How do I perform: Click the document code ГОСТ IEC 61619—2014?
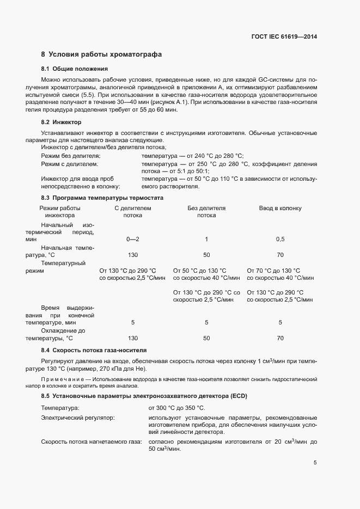[x=284, y=37]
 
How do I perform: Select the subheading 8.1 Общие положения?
[x=74, y=69]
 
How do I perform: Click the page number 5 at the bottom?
[x=315, y=463]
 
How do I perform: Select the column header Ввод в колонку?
[x=280, y=208]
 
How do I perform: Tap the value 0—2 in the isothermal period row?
[x=133, y=239]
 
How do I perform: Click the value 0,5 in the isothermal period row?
[x=280, y=239]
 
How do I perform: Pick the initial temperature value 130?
[x=133, y=255]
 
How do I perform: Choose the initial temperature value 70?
[x=280, y=255]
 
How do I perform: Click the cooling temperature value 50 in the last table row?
[x=206, y=338]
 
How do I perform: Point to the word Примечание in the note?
[x=63, y=377]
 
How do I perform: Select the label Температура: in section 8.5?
[x=60, y=408]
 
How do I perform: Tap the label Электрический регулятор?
[x=78, y=418]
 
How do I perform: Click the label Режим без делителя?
[x=67, y=156]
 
